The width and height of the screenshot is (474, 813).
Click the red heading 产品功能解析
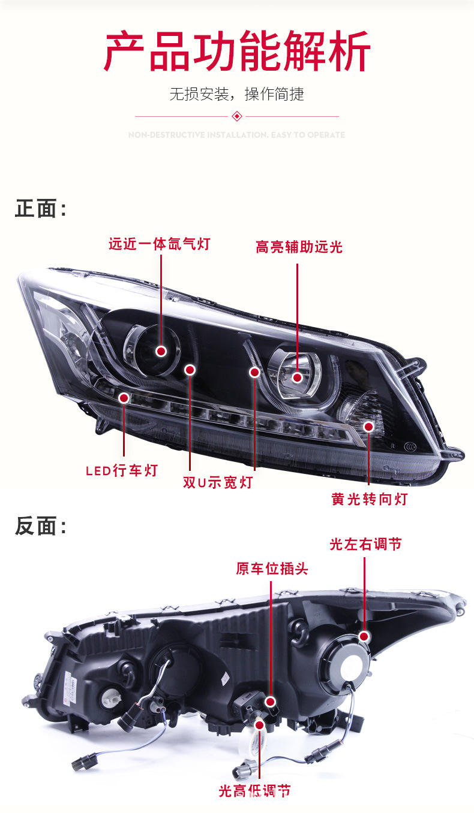[237, 52]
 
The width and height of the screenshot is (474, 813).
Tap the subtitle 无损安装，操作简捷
[236, 94]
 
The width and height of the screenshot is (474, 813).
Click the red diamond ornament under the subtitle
[237, 116]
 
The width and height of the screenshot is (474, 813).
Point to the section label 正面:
[41, 209]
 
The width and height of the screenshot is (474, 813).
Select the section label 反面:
[41, 526]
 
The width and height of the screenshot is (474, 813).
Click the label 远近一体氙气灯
[160, 244]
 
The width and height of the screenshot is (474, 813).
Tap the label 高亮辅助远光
[299, 247]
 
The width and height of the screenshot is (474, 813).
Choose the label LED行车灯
[121, 470]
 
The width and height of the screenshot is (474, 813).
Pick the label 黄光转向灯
[369, 498]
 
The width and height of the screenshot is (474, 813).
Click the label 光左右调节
[365, 544]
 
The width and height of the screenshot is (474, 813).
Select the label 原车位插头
[272, 569]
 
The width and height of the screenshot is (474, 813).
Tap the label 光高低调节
[254, 791]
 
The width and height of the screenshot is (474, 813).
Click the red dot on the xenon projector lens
[161, 351]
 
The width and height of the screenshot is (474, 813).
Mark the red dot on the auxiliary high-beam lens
[298, 377]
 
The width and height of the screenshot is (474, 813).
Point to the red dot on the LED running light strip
[124, 397]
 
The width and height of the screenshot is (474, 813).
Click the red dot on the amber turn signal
[368, 427]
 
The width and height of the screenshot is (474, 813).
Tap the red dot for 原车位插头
[271, 701]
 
